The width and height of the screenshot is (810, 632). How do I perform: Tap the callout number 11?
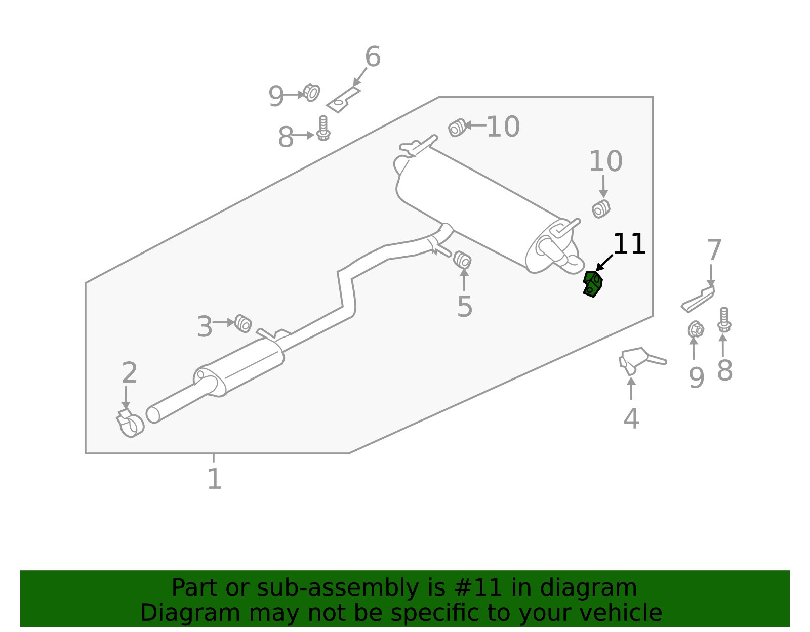(629, 244)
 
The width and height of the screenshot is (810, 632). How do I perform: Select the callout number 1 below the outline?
(214, 479)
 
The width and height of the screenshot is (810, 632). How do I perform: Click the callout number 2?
(130, 373)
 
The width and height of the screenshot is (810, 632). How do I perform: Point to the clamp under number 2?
(131, 423)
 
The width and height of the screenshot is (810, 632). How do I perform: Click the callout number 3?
(205, 327)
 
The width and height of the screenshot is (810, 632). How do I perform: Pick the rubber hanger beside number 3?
(243, 323)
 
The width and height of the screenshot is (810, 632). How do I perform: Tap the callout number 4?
(631, 418)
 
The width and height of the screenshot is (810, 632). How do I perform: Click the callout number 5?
(464, 307)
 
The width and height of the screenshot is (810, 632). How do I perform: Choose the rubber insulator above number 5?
(462, 260)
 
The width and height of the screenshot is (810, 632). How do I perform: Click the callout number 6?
(373, 57)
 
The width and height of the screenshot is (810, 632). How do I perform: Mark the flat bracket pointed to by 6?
(343, 100)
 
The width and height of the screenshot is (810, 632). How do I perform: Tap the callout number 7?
(714, 251)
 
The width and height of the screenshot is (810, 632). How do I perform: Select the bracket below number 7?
(698, 300)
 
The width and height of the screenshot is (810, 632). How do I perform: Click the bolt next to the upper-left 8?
(323, 129)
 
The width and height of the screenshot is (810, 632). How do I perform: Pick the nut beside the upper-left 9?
(311, 93)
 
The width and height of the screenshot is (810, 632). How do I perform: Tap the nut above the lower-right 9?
(696, 329)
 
